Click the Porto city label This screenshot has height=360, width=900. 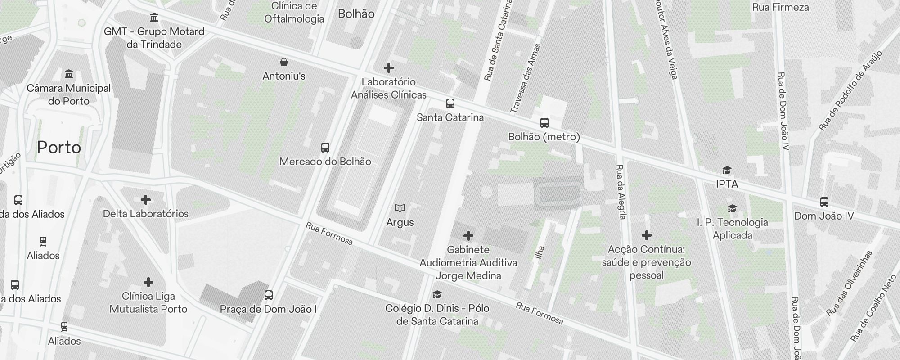pyautogui.click(x=59, y=148)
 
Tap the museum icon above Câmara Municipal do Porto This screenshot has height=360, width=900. pyautogui.click(x=69, y=74)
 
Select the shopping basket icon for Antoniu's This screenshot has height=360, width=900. pyautogui.click(x=284, y=62)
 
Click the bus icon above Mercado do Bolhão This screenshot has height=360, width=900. pyautogui.click(x=325, y=148)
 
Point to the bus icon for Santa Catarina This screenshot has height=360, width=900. pyautogui.click(x=450, y=104)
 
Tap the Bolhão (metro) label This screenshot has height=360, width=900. pyautogui.click(x=544, y=137)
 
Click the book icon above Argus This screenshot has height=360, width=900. pyautogui.click(x=400, y=208)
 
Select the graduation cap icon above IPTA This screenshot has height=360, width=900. pyautogui.click(x=727, y=170)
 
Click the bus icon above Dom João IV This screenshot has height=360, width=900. pyautogui.click(x=824, y=202)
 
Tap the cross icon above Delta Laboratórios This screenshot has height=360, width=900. pyautogui.click(x=146, y=200)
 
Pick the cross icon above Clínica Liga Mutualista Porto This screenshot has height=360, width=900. pyautogui.click(x=148, y=283)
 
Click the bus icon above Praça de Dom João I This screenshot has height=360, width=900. pyautogui.click(x=269, y=295)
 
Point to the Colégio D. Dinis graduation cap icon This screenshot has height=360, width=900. pyautogui.click(x=436, y=295)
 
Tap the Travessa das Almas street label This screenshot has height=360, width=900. pyautogui.click(x=525, y=78)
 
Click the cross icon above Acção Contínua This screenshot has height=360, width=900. pyautogui.click(x=647, y=235)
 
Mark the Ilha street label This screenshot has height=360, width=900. pyautogui.click(x=540, y=252)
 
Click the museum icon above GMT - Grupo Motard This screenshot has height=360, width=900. pyautogui.click(x=154, y=18)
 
